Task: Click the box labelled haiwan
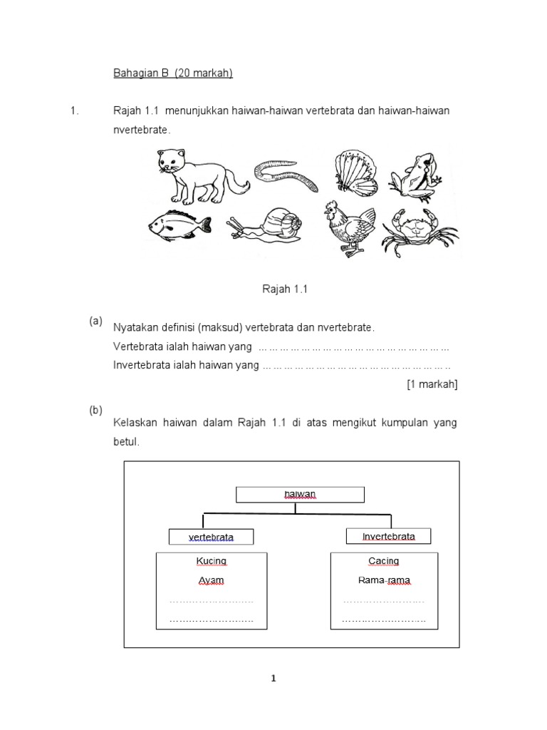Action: (x=300, y=494)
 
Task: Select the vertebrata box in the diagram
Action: (x=211, y=537)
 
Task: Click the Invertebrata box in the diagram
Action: (x=388, y=536)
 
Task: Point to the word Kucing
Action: (x=211, y=561)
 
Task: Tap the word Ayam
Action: (x=211, y=580)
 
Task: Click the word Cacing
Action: (x=385, y=561)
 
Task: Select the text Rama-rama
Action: (x=385, y=580)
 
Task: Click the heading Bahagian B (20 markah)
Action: (x=174, y=73)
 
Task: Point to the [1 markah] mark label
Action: (x=432, y=384)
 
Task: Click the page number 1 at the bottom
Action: (x=273, y=679)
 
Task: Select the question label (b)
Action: (x=95, y=410)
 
